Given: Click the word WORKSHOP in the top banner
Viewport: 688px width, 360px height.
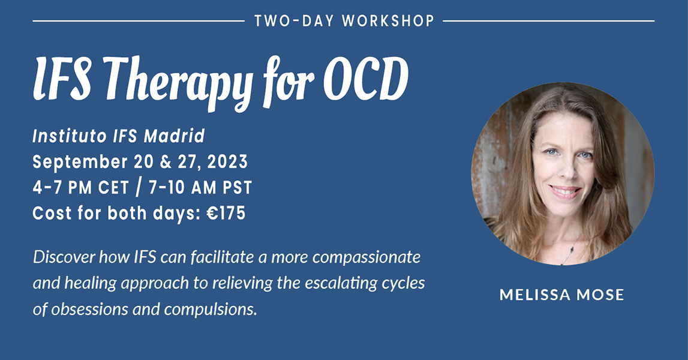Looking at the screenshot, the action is (x=388, y=20).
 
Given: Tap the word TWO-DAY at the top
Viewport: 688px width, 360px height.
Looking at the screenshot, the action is (x=293, y=20).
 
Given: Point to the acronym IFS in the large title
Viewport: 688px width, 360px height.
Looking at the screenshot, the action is (x=62, y=78).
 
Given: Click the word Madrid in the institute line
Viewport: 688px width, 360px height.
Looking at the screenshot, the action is (x=175, y=136).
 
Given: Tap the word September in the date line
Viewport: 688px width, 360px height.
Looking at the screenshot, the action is (x=80, y=163).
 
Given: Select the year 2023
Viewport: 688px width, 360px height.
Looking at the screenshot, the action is (x=227, y=162).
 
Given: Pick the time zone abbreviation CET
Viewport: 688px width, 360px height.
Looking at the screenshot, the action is (x=113, y=188).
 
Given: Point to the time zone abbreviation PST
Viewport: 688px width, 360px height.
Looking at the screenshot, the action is (x=237, y=188).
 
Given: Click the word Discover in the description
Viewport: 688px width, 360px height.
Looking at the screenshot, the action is (x=64, y=257).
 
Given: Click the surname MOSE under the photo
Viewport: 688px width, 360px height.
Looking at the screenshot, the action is (x=600, y=295).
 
